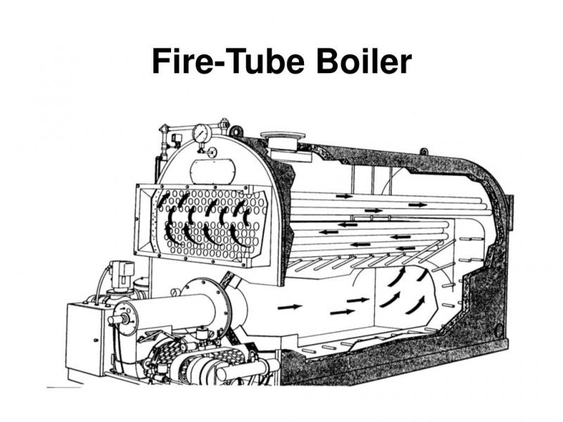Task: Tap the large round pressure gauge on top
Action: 202,134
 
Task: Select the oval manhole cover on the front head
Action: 213,171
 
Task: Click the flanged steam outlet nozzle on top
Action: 284,141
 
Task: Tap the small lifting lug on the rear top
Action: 424,151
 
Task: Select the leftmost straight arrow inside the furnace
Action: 290,307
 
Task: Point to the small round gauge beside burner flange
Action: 175,293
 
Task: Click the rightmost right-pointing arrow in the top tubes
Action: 417,205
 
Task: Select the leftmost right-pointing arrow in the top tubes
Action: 345,196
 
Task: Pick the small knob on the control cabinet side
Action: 96,340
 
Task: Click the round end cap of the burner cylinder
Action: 126,319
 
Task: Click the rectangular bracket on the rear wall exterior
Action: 510,212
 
